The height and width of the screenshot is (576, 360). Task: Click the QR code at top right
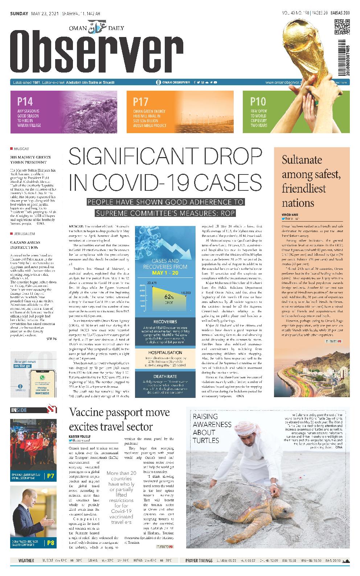pyautogui.click(x=341, y=27)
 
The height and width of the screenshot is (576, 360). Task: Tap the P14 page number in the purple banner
pyautogui.click(x=25, y=102)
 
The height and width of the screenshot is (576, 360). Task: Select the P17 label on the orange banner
pyautogui.click(x=140, y=102)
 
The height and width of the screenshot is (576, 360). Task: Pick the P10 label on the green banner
pyautogui.click(x=258, y=102)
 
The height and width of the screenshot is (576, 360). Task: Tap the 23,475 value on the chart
pyautogui.click(x=152, y=282)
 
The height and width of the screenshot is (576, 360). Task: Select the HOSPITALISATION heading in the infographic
pyautogui.click(x=165, y=352)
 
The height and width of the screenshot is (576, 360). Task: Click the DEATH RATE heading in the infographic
pyautogui.click(x=165, y=377)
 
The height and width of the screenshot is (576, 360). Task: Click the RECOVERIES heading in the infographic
pyautogui.click(x=165, y=322)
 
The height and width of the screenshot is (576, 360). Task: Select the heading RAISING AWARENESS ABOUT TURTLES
pyautogui.click(x=212, y=428)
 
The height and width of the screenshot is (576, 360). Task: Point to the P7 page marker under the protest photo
pyautogui.click(x=50, y=476)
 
